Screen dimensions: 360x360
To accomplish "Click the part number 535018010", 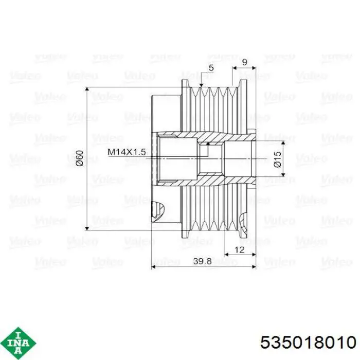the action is (308, 343).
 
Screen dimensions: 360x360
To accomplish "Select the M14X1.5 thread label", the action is (127, 152).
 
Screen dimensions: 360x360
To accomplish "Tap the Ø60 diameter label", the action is (79, 158).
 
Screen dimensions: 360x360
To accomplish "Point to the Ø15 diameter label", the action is (277, 159).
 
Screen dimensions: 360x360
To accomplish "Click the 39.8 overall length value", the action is (202, 261).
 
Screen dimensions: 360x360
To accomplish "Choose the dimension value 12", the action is (239, 249).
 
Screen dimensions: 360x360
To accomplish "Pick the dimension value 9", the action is (245, 62).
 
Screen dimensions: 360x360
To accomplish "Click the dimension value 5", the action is (211, 68).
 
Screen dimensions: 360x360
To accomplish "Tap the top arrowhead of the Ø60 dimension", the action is (87, 89).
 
